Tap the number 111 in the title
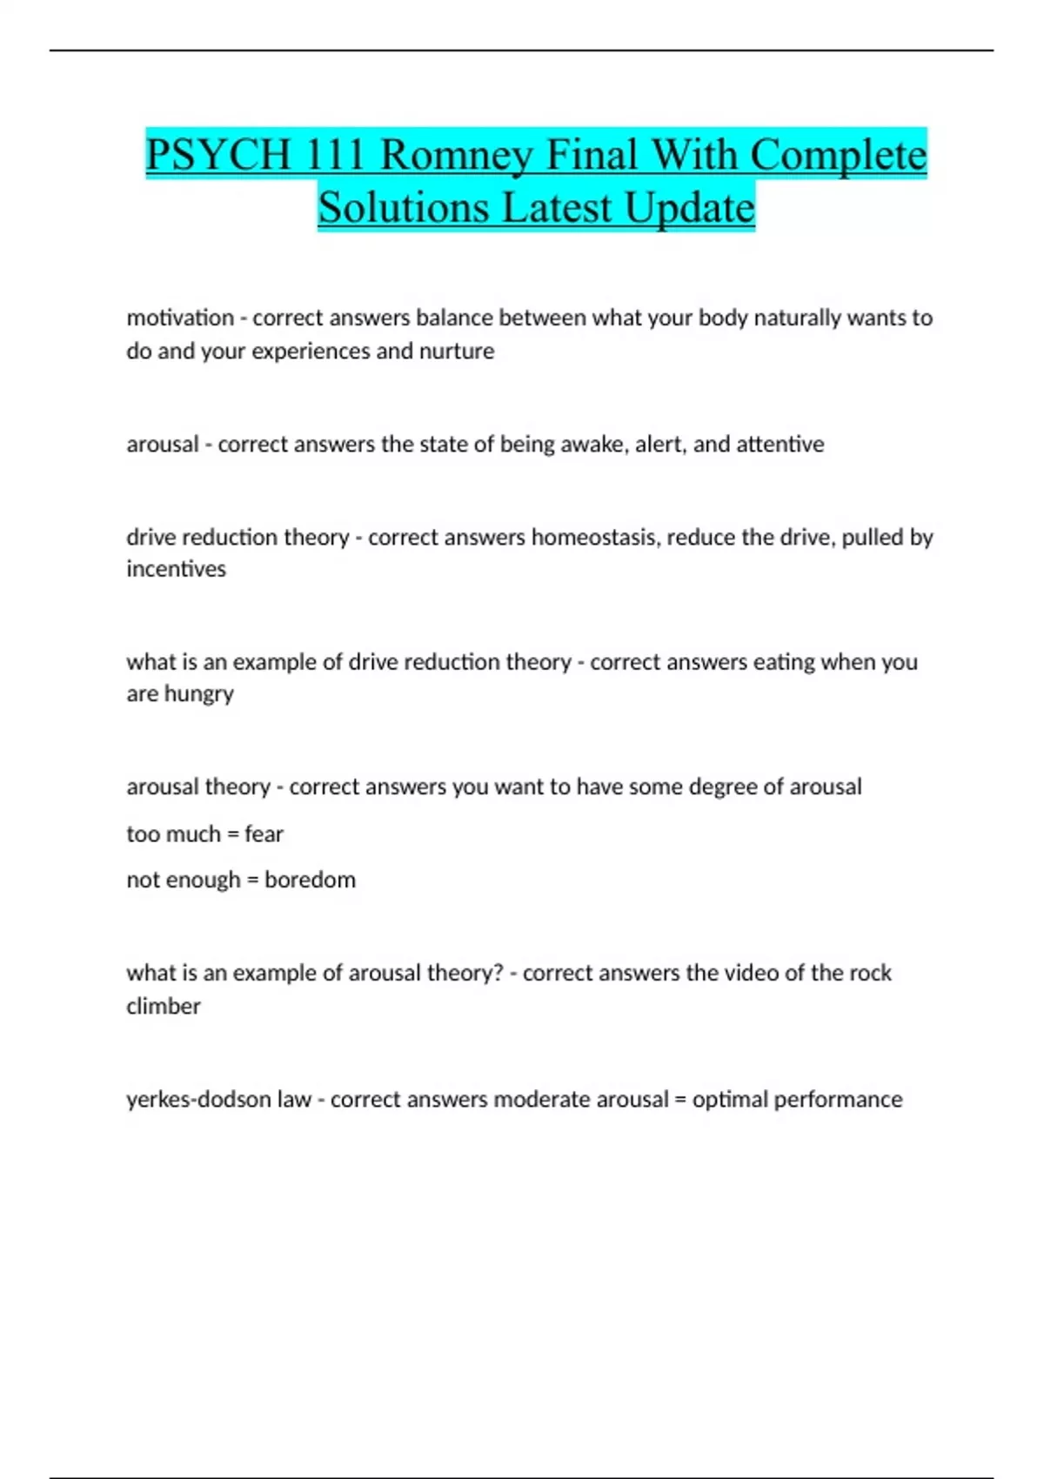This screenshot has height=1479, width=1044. click(335, 155)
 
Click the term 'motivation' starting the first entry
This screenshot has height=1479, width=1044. click(180, 318)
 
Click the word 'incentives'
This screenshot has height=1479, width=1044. click(176, 569)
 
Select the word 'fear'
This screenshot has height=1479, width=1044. click(264, 834)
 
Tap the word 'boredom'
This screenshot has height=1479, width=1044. click(310, 880)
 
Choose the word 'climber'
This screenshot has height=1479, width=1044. click(164, 1007)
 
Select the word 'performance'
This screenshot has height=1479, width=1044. click(838, 1100)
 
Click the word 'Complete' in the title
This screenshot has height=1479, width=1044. click(838, 155)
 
